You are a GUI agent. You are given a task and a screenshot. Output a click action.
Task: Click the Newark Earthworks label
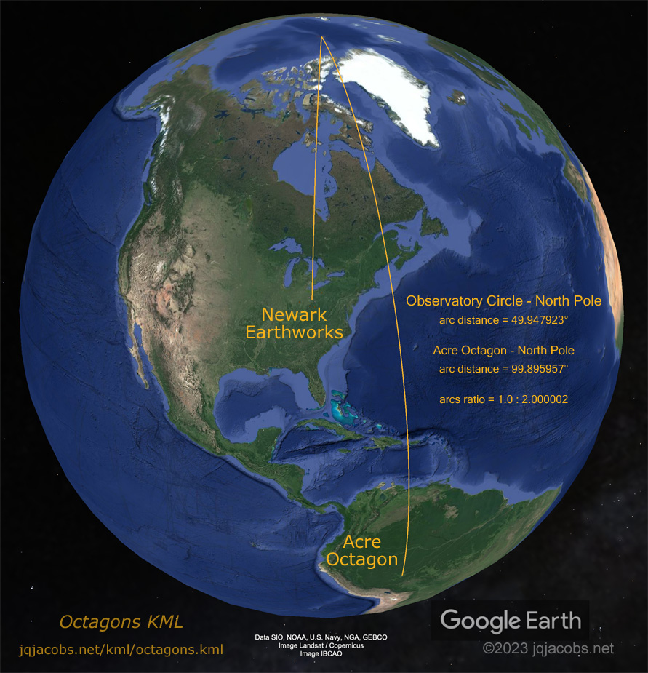(x=294, y=324)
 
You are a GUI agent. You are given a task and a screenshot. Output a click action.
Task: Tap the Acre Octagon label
(x=362, y=551)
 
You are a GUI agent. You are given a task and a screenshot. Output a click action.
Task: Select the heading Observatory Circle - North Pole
(x=503, y=301)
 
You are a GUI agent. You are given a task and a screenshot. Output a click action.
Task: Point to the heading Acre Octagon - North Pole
(x=503, y=350)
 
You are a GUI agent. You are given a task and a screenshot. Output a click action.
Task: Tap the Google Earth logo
(x=511, y=621)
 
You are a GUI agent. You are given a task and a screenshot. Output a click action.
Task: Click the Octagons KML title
(x=121, y=623)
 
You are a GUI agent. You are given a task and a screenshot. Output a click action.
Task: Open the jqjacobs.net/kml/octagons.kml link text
(x=121, y=649)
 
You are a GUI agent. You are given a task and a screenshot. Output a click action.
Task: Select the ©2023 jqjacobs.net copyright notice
(x=548, y=648)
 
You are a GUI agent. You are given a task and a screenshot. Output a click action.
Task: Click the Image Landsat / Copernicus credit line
(x=321, y=645)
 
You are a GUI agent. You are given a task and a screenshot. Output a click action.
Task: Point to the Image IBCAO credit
(x=321, y=654)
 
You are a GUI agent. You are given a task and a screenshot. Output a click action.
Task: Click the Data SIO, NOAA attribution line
(x=321, y=637)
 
